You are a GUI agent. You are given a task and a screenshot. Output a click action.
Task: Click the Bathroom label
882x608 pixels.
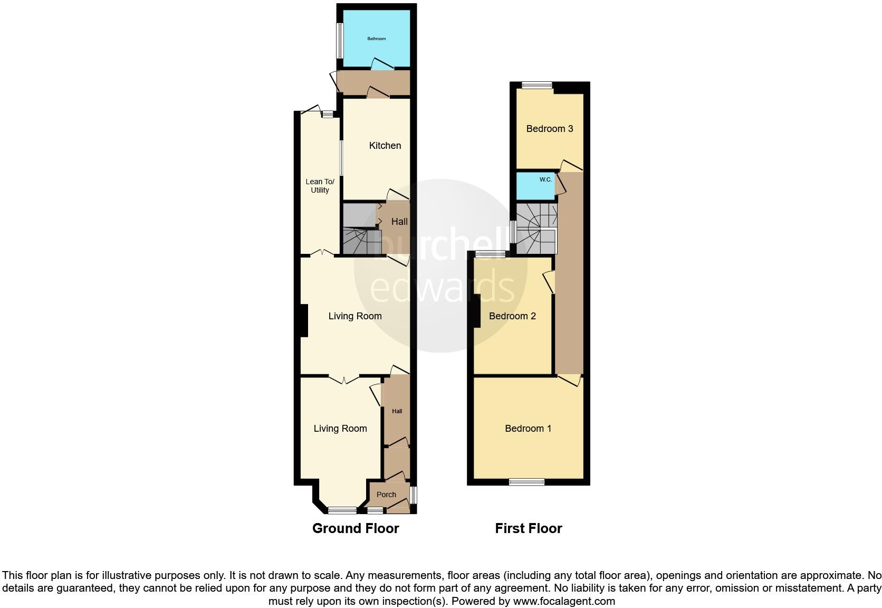point(377,39)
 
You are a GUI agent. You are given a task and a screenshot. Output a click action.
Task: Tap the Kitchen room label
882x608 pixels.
point(385,146)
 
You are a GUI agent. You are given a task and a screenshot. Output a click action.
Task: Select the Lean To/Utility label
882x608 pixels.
point(320,186)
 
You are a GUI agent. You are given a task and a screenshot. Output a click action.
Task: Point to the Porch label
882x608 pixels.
point(386,495)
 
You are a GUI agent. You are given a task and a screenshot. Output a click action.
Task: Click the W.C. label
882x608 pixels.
point(545,179)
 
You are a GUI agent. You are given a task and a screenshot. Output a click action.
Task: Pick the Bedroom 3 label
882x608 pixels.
point(550,129)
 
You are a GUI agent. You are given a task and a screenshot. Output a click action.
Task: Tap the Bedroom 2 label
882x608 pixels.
point(512,316)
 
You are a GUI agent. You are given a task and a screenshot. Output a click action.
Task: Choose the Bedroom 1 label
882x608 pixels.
point(528,429)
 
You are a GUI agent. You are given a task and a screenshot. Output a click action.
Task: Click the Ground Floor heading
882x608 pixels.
point(356,528)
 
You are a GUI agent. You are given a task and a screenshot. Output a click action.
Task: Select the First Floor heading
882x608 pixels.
point(529,528)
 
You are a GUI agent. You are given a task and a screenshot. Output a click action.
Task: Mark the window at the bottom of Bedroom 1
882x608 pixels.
point(526,481)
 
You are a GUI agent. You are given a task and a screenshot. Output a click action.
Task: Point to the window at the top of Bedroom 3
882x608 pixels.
point(537,85)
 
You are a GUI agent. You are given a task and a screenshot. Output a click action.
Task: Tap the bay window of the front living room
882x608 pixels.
point(342,510)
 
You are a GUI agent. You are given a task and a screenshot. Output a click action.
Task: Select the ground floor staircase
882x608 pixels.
point(362,241)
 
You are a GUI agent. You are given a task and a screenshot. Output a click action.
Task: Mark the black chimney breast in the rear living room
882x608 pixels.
point(303,320)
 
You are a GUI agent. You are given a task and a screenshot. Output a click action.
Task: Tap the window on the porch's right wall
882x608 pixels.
point(414,495)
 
